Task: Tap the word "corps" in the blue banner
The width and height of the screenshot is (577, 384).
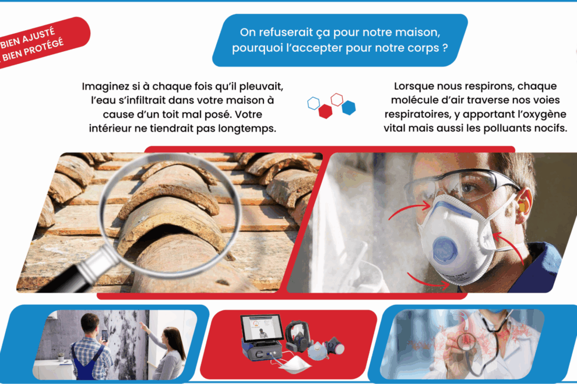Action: pyautogui.click(x=423, y=48)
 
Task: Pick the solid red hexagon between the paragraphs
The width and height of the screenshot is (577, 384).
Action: pyautogui.click(x=325, y=111)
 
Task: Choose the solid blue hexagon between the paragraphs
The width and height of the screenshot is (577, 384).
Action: pyautogui.click(x=349, y=108)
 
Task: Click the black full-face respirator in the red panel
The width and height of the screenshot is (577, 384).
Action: pyautogui.click(x=297, y=336)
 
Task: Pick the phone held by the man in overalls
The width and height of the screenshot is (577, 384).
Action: pyautogui.click(x=104, y=336)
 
